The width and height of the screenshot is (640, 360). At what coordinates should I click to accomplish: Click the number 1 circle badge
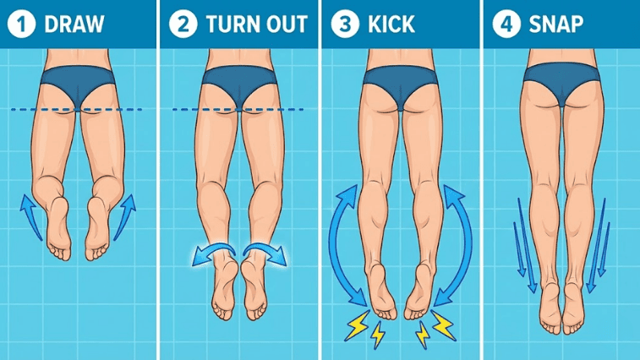(21, 24)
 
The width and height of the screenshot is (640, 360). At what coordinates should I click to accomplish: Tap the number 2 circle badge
(181, 24)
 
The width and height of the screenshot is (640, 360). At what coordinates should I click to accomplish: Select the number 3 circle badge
(342, 24)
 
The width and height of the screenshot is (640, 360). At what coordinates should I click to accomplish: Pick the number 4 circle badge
(505, 24)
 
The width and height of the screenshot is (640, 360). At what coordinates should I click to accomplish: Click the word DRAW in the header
(74, 24)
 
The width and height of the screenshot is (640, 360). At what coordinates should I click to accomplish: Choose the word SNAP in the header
(555, 24)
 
